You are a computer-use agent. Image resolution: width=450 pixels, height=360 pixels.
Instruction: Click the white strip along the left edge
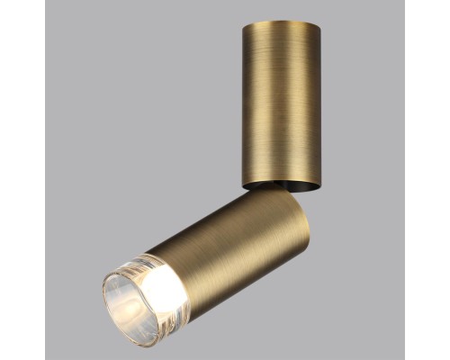22,180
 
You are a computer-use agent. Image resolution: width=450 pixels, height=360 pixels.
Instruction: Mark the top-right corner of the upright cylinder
296,22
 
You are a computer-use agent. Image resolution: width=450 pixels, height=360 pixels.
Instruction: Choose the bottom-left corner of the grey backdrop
46,357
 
